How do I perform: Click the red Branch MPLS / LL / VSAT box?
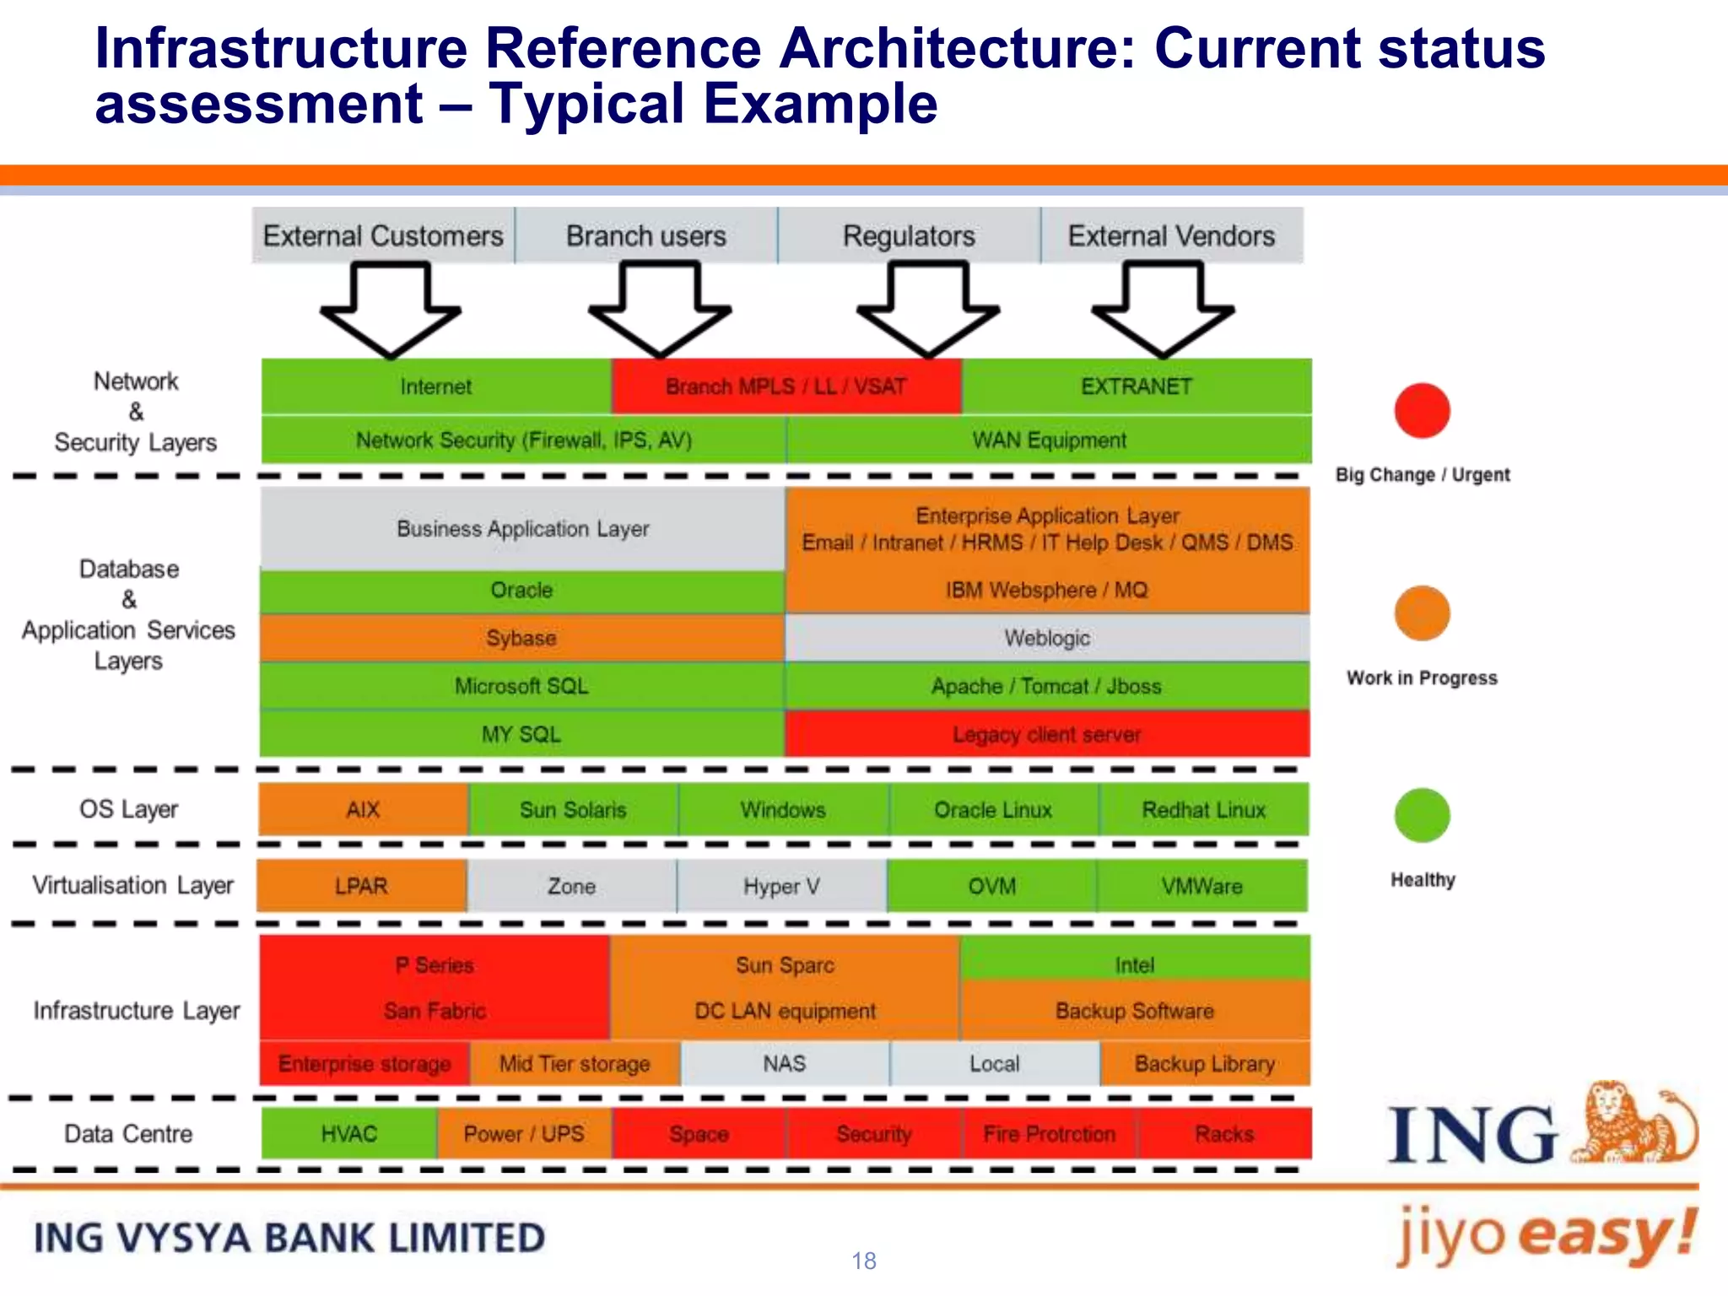tap(786, 386)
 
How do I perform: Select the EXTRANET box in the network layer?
tap(1136, 386)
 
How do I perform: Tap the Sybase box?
tap(521, 638)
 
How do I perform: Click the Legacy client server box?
tap(1046, 734)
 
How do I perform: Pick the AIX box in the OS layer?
tap(363, 810)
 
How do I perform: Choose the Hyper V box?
tap(781, 886)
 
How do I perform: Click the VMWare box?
tap(1201, 886)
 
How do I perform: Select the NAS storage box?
tap(785, 1063)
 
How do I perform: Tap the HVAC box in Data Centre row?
tap(348, 1134)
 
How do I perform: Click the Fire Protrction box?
tap(1049, 1134)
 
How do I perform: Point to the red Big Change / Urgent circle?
tap(1422, 411)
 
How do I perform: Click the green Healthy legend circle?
tap(1422, 815)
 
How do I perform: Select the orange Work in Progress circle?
tap(1422, 613)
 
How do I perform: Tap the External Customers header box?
tap(383, 235)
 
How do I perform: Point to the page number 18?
tap(864, 1261)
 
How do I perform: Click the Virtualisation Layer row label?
tap(132, 885)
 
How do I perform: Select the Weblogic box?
tap(1046, 638)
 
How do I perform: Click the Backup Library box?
tap(1204, 1063)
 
